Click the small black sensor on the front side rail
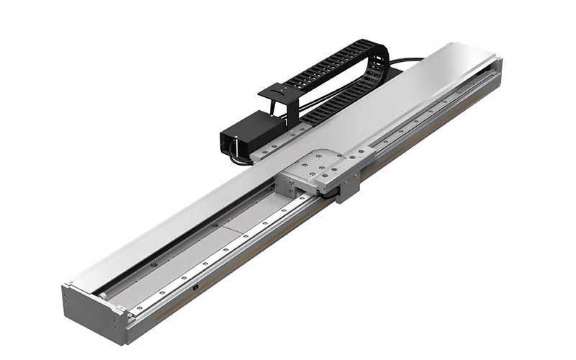pyautogui.click(x=196, y=288)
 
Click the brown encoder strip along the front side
pyautogui.click(x=238, y=274)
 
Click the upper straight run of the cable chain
pyautogui.click(x=324, y=65)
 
